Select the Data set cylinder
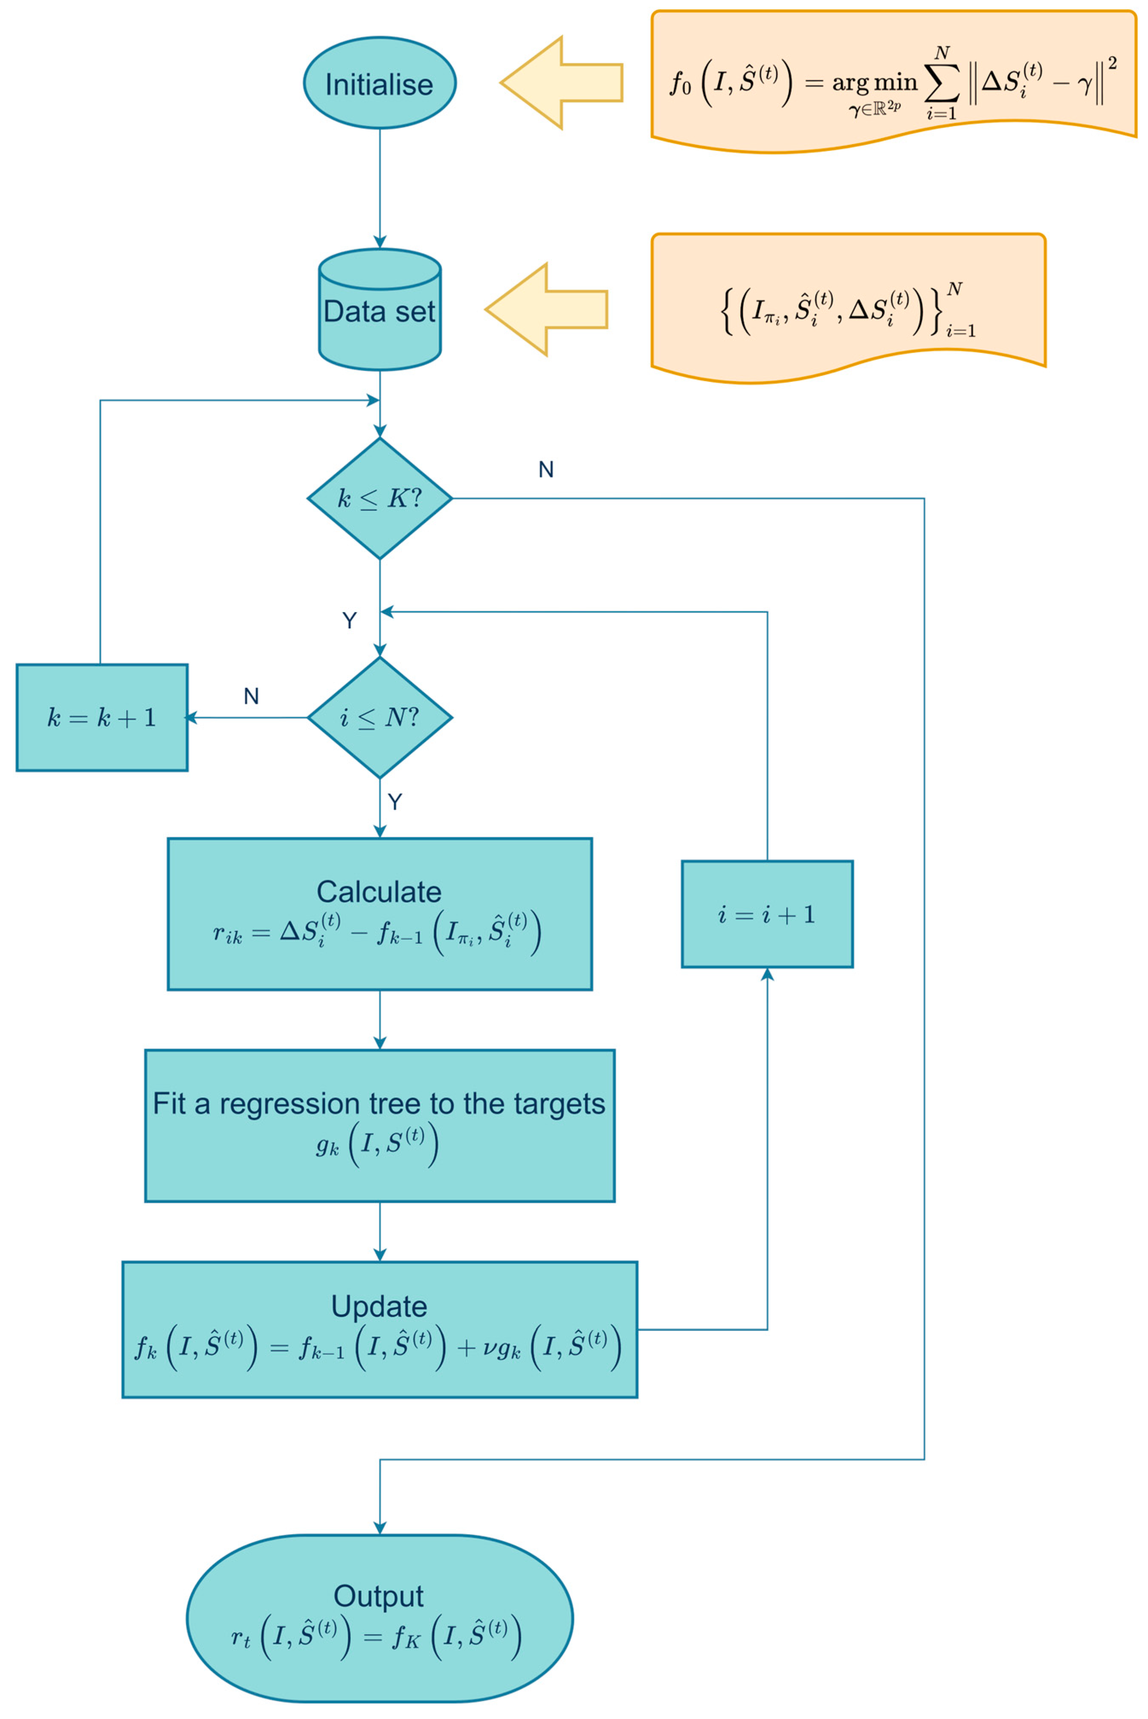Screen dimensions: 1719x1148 [379, 311]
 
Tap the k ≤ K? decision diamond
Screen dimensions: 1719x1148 [379, 499]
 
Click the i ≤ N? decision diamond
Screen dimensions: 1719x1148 [379, 717]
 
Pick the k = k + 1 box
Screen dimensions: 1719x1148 [102, 717]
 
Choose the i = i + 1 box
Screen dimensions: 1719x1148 [767, 915]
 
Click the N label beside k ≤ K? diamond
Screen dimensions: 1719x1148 [545, 469]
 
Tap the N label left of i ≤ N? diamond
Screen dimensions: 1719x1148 [251, 696]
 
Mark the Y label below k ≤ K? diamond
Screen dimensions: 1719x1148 [349, 621]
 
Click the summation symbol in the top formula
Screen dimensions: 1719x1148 [942, 84]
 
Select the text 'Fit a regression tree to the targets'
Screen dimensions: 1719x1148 [379, 1103]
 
